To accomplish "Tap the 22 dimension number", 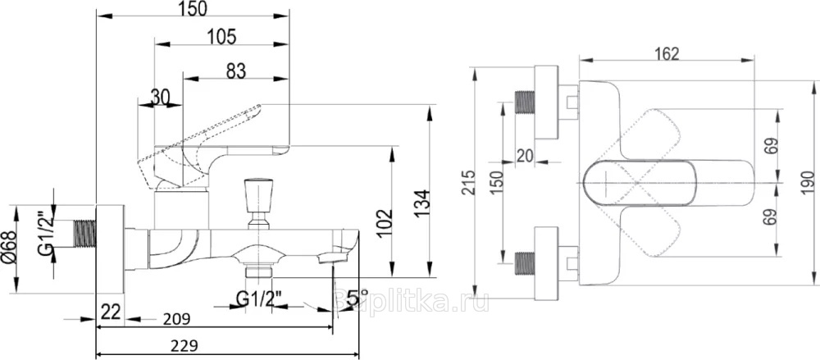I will click(x=111, y=312).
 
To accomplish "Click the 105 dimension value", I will click(x=221, y=36).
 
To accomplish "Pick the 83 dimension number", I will click(x=235, y=71).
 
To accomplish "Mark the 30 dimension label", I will click(x=160, y=98).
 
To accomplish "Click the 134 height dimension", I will click(x=421, y=202).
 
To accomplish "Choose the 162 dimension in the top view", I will click(x=667, y=54).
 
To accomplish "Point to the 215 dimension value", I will click(x=468, y=183).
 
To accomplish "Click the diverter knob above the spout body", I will click(x=257, y=198).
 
